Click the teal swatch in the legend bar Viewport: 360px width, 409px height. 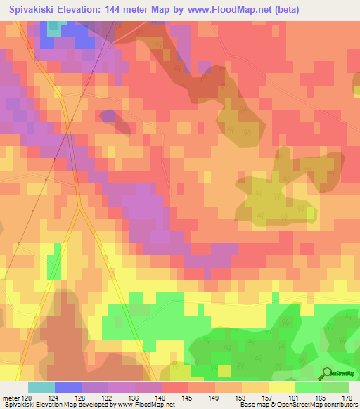[41, 387]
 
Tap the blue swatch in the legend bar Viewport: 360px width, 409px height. [68, 387]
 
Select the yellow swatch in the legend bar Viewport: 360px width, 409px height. [281, 387]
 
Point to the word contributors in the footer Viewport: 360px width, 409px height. [340, 405]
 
